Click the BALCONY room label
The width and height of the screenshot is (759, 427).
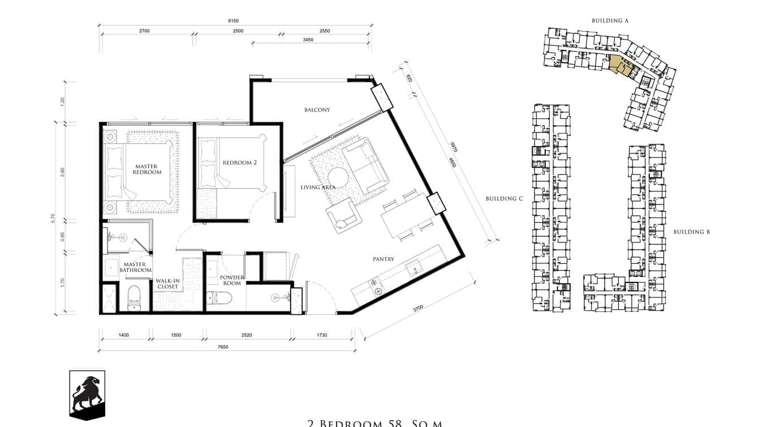[317, 110]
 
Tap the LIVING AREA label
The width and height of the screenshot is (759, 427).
[318, 187]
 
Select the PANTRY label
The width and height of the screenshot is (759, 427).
[383, 259]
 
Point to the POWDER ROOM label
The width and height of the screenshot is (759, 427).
[232, 280]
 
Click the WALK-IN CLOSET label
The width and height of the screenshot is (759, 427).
[167, 283]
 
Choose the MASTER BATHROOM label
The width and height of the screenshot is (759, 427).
[135, 267]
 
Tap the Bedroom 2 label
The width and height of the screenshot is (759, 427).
[239, 163]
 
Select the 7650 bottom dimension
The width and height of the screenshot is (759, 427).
[223, 347]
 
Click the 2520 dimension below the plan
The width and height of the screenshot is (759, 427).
[247, 335]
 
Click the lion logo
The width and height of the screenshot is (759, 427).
[87, 394]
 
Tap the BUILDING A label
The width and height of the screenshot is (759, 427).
[610, 21]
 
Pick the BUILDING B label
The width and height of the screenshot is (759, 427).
[691, 232]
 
